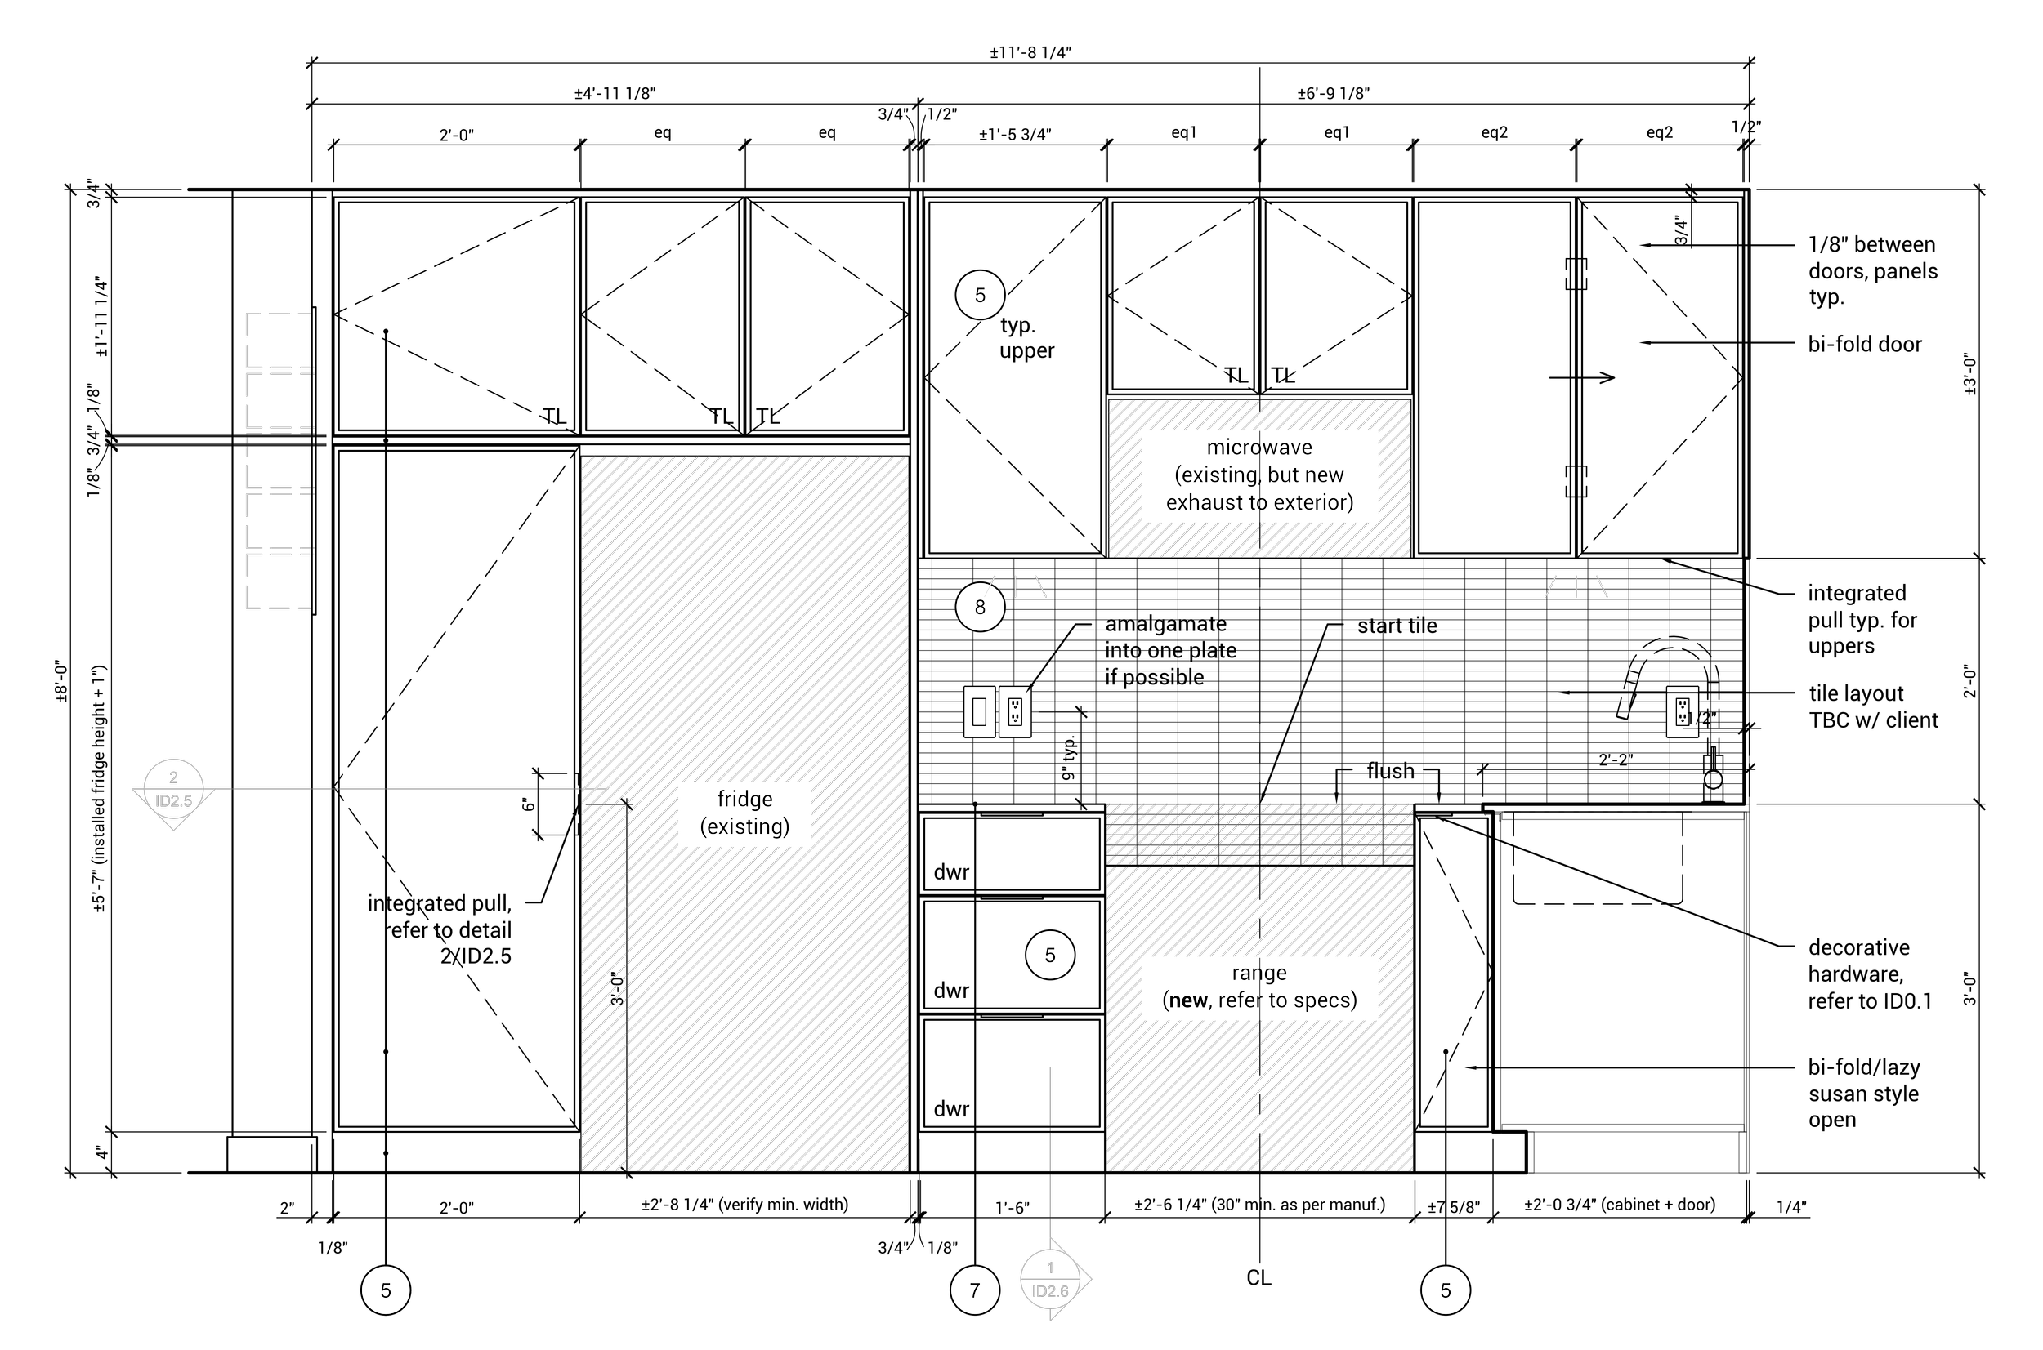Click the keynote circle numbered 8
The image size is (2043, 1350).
980,606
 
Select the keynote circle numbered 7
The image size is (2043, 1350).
974,1290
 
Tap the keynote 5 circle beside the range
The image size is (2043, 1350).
1050,954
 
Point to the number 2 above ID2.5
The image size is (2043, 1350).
173,777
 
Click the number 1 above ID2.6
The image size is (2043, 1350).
1050,1268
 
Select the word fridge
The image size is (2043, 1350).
745,800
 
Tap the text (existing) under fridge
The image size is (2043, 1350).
745,827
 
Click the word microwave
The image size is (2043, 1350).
1259,448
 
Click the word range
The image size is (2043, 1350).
1259,973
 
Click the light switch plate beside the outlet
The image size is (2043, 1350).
978,712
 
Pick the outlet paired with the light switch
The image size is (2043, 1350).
1015,712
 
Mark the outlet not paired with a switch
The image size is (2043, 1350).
1682,712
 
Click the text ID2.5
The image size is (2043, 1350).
173,801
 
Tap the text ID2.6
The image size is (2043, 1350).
1050,1291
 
